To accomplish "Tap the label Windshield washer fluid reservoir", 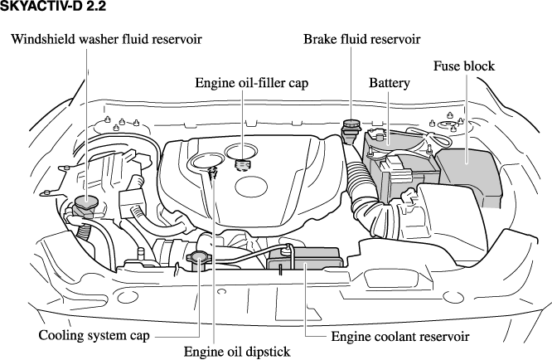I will coord(106,39).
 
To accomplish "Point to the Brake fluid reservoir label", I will coord(361,39).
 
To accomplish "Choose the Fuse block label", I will coord(464,66).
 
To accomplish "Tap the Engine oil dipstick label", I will coord(237,352).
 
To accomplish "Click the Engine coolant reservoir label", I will coord(400,337).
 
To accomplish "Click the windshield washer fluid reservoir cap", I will coord(85,202).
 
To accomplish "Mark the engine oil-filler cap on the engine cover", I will coord(242,163).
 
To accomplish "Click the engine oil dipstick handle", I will coord(214,173).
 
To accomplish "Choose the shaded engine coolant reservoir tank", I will coord(307,264).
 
